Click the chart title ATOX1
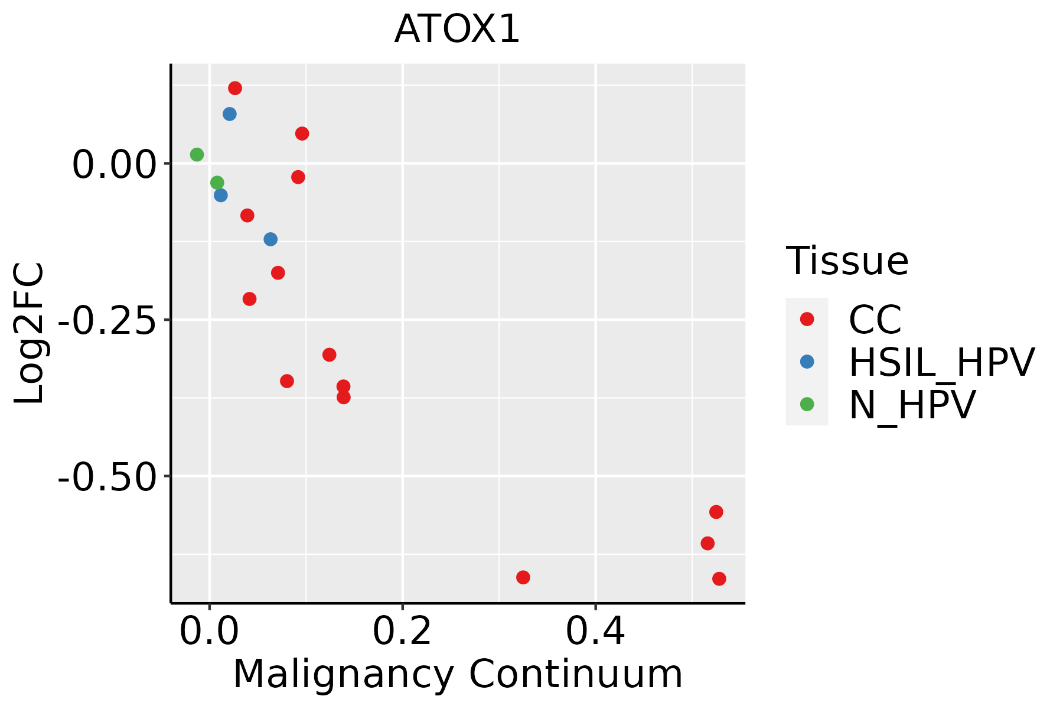(457, 30)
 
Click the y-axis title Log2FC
(30, 334)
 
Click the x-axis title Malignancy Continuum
(458, 675)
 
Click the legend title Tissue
(847, 261)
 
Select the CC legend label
(875, 320)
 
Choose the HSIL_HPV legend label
(941, 362)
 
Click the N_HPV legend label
(912, 405)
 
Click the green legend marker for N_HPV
(807, 404)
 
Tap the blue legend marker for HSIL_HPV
(807, 362)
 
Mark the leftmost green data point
(197, 155)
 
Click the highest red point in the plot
(235, 88)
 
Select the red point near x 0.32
(523, 577)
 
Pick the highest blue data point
(230, 114)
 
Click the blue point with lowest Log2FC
(270, 239)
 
